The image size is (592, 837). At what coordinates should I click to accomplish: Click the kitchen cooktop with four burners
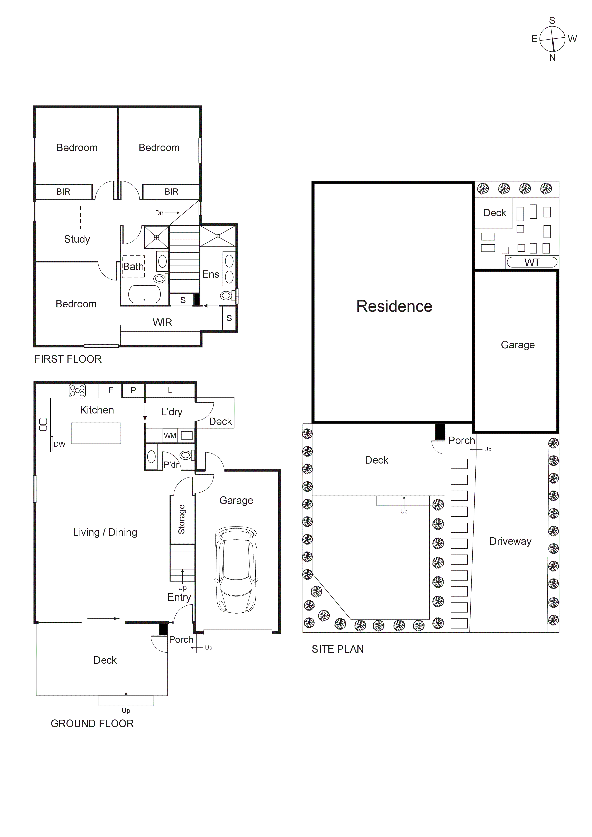(77, 390)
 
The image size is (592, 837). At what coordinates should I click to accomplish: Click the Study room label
(77, 239)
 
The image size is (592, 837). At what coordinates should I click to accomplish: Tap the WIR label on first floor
(162, 322)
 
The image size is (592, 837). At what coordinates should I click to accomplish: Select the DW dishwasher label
(60, 444)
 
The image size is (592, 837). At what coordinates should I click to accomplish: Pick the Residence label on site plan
(394, 306)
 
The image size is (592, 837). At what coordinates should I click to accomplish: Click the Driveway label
(510, 541)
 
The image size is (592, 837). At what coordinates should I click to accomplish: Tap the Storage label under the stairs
(182, 520)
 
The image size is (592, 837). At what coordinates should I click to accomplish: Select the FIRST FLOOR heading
(68, 359)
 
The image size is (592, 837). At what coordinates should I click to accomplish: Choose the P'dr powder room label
(171, 464)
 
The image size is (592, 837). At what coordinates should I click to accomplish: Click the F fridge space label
(111, 390)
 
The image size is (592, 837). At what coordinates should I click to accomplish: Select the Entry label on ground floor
(179, 597)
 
